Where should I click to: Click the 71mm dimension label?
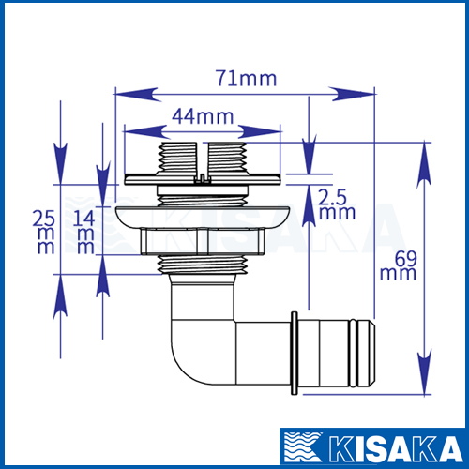(x=247, y=78)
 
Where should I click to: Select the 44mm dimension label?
(x=203, y=116)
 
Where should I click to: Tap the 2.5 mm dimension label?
(x=337, y=204)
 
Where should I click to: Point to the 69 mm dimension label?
(x=399, y=265)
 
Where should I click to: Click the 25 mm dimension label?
(x=44, y=232)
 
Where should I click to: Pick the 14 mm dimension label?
(x=83, y=232)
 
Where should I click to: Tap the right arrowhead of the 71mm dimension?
(x=351, y=94)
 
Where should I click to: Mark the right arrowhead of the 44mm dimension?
(x=259, y=131)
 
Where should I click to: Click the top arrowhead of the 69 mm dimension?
(x=424, y=166)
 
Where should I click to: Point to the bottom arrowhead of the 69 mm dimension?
(x=424, y=371)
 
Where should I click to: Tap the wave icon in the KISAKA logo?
(x=303, y=447)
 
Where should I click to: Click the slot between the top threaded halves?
(x=203, y=160)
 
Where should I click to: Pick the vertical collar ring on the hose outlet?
(x=295, y=353)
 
